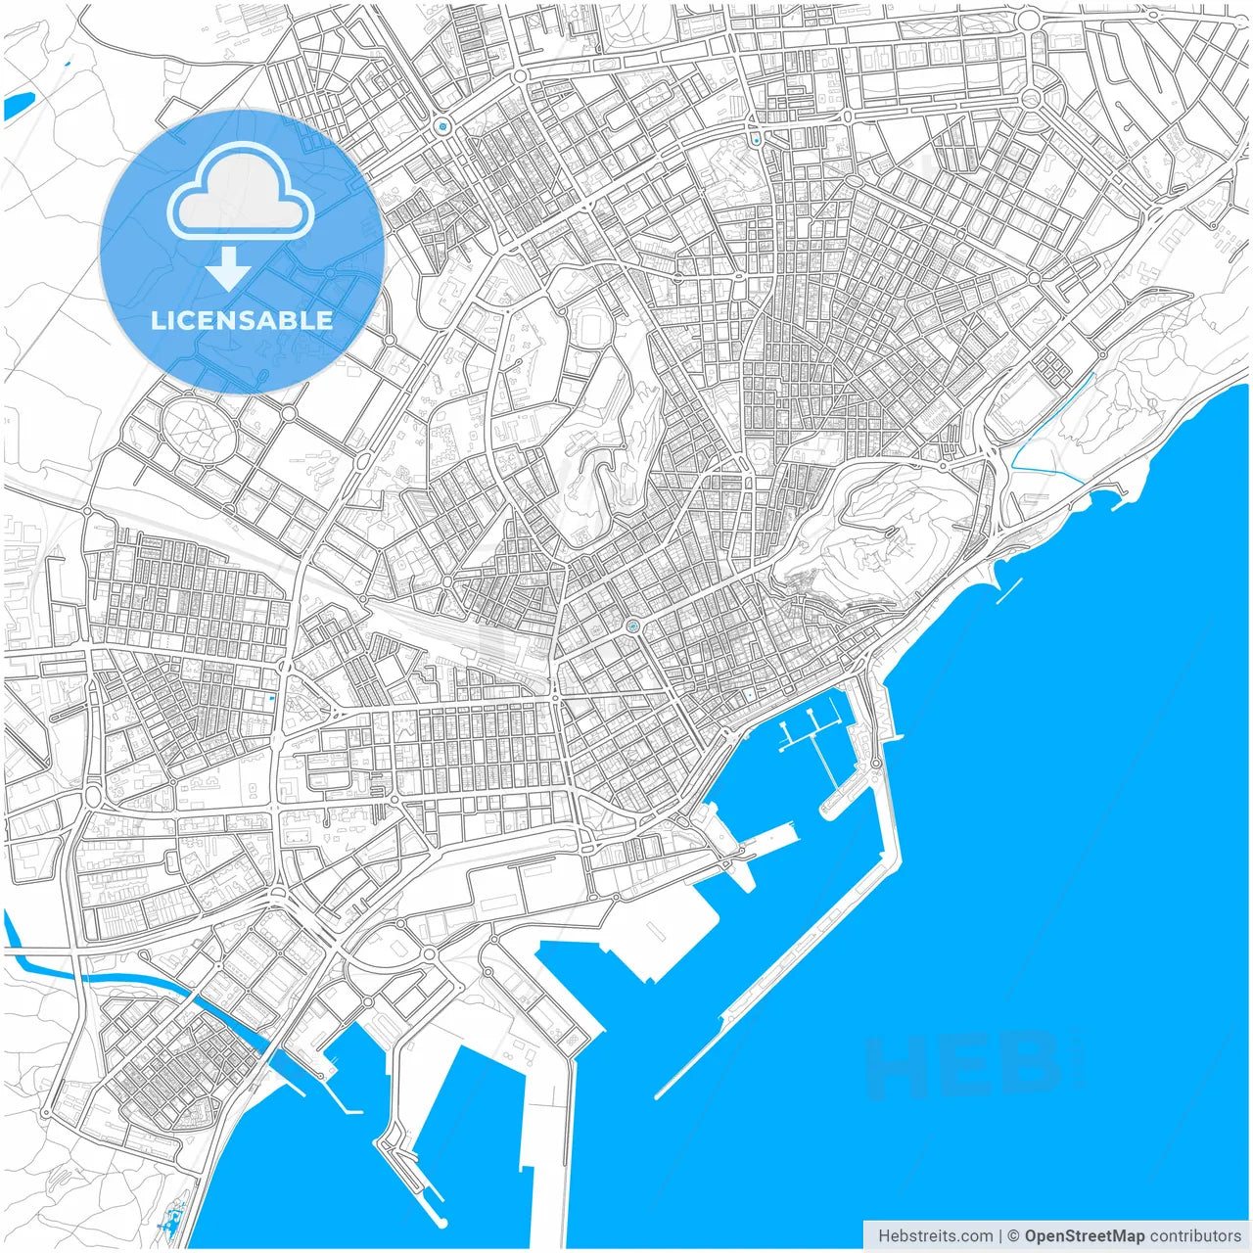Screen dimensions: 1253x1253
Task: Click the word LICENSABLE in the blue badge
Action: tap(242, 320)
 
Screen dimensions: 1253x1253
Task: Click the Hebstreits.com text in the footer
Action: tap(935, 1236)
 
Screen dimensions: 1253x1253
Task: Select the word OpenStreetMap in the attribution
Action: tap(1084, 1236)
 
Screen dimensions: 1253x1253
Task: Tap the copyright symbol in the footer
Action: tap(1013, 1236)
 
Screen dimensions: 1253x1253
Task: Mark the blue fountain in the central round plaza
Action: tap(633, 625)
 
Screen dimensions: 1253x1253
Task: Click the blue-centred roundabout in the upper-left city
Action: tap(443, 126)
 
